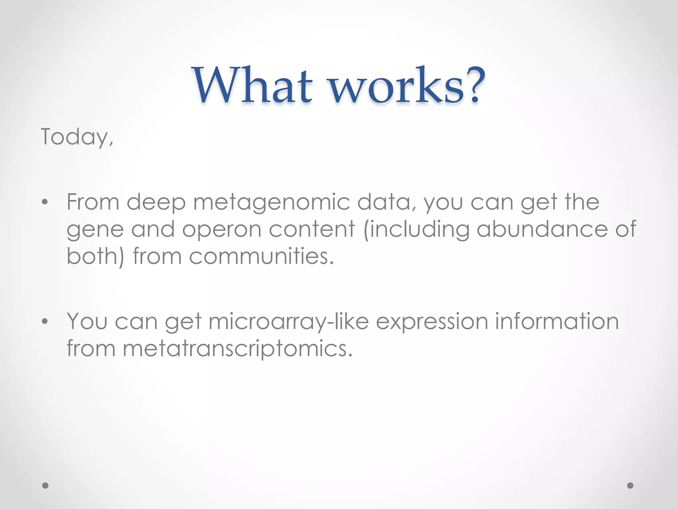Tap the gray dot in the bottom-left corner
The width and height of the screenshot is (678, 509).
46,485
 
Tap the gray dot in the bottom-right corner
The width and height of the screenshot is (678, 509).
630,485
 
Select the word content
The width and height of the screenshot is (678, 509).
312,229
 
